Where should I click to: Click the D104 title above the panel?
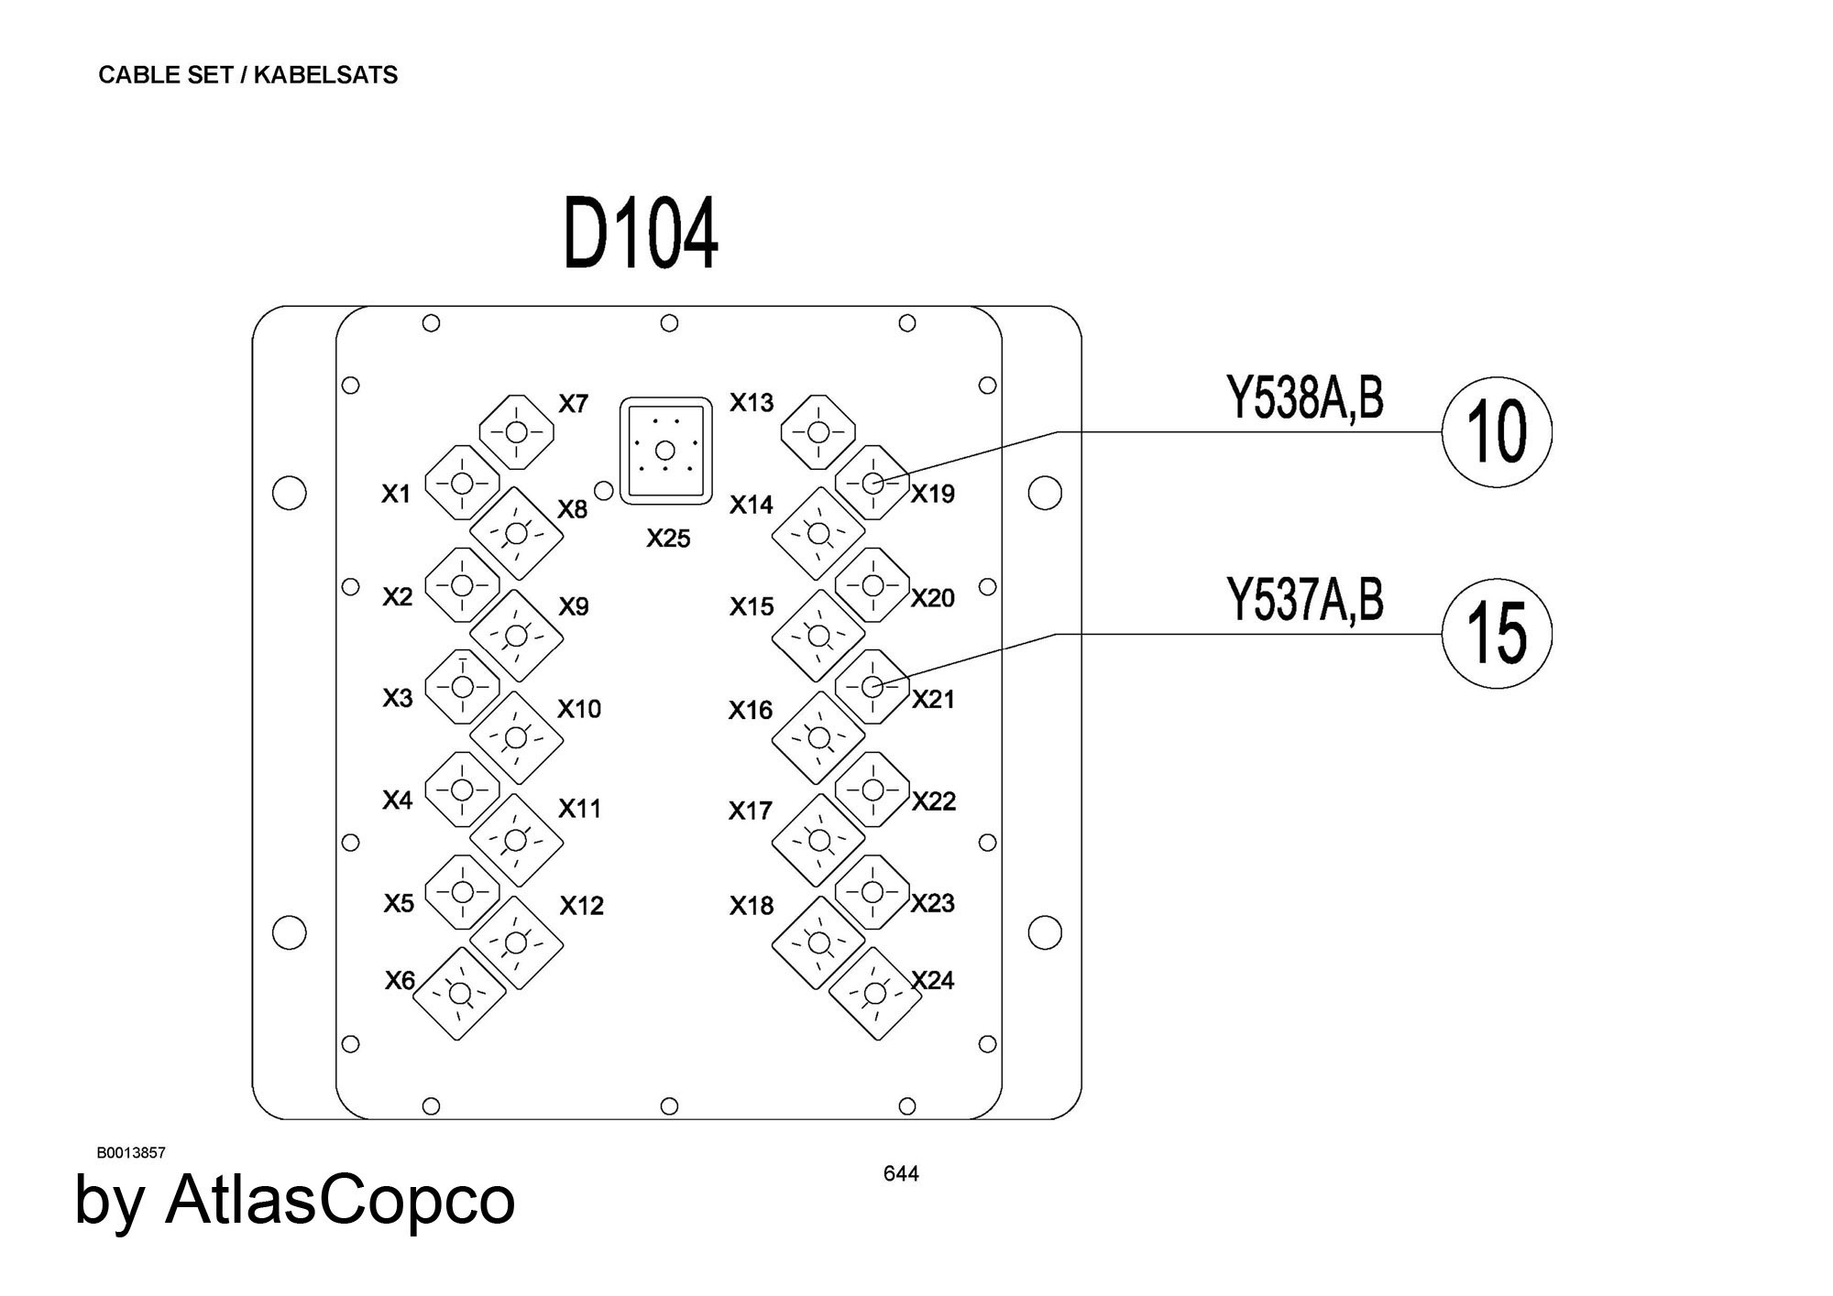(641, 234)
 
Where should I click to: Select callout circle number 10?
(1497, 431)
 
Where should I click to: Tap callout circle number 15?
(1497, 633)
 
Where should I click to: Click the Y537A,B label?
(1304, 601)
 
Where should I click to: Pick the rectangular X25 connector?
(666, 450)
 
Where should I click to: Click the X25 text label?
(668, 539)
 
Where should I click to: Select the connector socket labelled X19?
(873, 483)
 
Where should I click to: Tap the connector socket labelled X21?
(873, 686)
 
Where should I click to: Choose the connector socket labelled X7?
(517, 431)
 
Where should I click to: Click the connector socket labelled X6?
(459, 993)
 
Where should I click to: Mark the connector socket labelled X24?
(875, 993)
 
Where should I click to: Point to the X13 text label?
(752, 402)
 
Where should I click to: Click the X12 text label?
(582, 906)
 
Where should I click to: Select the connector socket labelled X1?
(462, 483)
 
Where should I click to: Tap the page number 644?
(901, 1173)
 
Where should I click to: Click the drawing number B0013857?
(131, 1152)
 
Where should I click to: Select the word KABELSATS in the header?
(325, 75)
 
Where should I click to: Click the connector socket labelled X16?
(818, 737)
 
